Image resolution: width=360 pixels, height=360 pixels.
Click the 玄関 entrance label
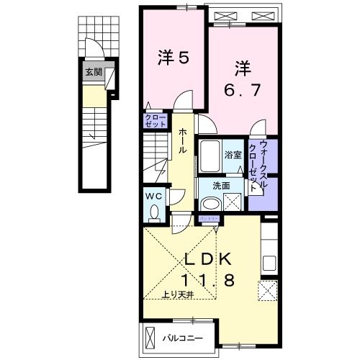point(93,72)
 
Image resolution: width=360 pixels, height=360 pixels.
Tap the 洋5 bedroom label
point(173,58)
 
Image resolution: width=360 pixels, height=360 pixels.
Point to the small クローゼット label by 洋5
point(155,122)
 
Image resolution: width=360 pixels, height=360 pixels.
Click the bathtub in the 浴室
point(210,154)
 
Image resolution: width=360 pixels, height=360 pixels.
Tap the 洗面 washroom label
point(221,186)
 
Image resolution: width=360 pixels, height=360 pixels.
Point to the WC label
point(155,196)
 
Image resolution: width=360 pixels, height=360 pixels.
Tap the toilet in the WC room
point(154,212)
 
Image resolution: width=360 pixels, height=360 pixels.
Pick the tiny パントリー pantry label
point(210,217)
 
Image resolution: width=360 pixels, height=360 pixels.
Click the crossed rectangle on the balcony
point(150,337)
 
